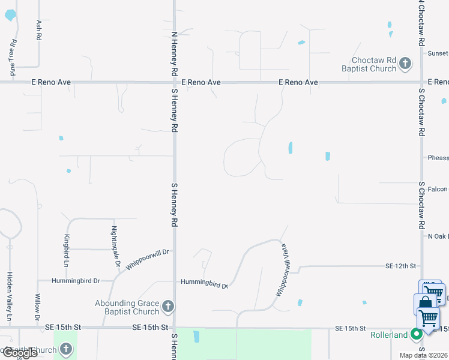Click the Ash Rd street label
(x=40, y=30)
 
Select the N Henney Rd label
(x=174, y=53)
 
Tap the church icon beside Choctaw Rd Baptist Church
(x=405, y=63)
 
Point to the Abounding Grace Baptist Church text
(x=127, y=307)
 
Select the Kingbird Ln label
(x=67, y=251)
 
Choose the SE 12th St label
(x=400, y=265)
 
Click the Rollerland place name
(x=388, y=335)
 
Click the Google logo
(x=19, y=353)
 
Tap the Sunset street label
(x=438, y=53)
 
